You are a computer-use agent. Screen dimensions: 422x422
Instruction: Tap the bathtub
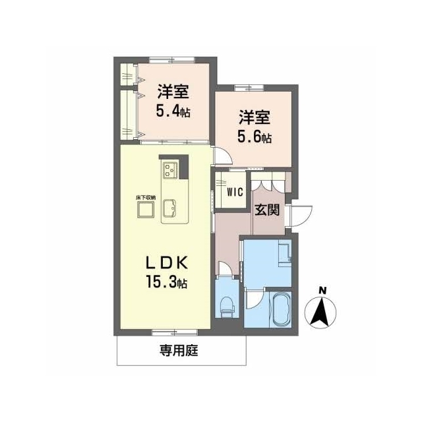(x=282, y=309)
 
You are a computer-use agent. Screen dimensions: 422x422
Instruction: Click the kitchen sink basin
(x=169, y=208)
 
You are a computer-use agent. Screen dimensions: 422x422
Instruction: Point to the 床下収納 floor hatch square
(x=146, y=210)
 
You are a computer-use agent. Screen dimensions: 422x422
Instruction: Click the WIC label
(x=235, y=192)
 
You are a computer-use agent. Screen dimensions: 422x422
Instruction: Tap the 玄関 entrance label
(x=267, y=210)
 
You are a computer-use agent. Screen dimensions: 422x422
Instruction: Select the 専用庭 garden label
(x=179, y=350)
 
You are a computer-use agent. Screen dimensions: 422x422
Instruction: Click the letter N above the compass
(x=322, y=290)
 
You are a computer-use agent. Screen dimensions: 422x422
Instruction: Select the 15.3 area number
(x=161, y=282)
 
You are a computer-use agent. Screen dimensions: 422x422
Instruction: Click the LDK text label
(x=167, y=263)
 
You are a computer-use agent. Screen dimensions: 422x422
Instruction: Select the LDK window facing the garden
(x=175, y=332)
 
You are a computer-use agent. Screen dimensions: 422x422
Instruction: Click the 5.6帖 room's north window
(x=249, y=88)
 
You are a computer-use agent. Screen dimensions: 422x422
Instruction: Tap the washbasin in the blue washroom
(x=285, y=255)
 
